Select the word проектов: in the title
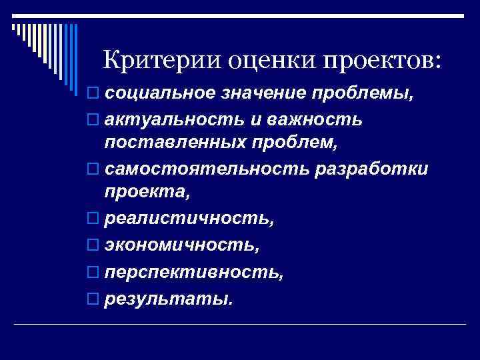click(382, 62)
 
